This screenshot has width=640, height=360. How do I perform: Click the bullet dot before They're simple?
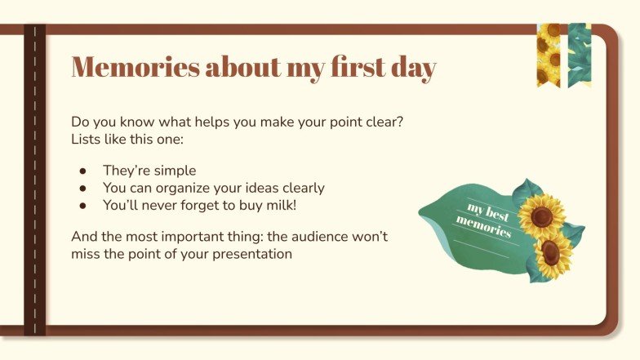click(x=82, y=171)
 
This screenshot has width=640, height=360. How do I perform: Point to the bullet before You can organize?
click(x=82, y=189)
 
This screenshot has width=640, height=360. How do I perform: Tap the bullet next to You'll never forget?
click(x=82, y=206)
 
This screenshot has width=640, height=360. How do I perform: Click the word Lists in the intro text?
click(x=87, y=139)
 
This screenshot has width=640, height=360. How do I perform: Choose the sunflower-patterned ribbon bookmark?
click(x=548, y=53)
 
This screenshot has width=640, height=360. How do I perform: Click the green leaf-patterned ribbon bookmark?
click(x=579, y=53)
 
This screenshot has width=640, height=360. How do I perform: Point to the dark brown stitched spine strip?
click(x=34, y=180)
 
